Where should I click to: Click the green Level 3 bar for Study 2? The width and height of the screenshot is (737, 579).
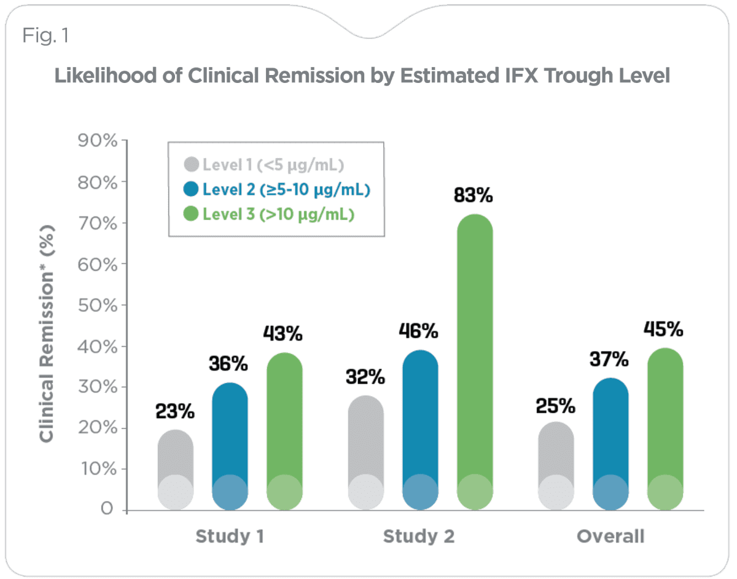coord(475,363)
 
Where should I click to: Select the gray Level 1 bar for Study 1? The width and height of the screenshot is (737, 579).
coord(176,470)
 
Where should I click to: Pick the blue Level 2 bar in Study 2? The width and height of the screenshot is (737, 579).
coord(420,430)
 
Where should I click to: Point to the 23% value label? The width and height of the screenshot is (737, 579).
coord(175,412)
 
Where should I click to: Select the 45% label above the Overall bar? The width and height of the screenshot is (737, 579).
coord(663,330)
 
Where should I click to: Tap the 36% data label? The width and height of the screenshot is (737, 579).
coord(229,364)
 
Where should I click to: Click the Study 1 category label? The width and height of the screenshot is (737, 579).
coord(230,537)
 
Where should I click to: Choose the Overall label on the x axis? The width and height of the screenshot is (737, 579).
coord(610,537)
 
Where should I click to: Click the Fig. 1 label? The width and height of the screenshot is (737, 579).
coord(46,36)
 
